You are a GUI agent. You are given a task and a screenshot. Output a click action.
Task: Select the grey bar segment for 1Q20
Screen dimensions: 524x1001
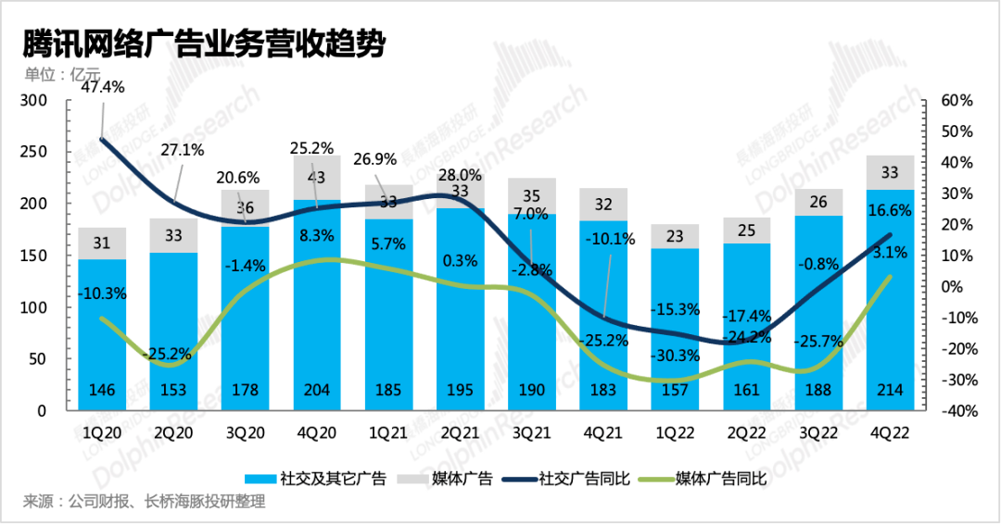[x=102, y=243]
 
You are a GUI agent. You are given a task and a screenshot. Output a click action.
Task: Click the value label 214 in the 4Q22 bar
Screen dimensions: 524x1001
[x=890, y=389]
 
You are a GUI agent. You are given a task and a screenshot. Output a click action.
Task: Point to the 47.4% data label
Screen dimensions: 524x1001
[x=102, y=87]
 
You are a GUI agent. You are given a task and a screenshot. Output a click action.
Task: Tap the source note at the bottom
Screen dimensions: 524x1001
[x=145, y=503]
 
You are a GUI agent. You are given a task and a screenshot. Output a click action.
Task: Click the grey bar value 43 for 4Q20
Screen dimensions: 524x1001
[x=317, y=177]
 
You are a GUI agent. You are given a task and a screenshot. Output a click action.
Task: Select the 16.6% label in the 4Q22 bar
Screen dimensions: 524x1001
[x=890, y=212]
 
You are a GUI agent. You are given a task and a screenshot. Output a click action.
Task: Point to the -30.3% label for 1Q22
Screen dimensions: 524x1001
[x=675, y=356]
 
